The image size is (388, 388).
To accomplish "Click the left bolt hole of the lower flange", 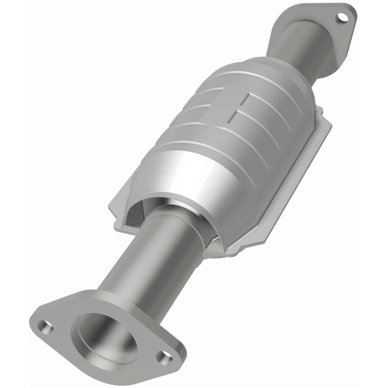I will [47, 328].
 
